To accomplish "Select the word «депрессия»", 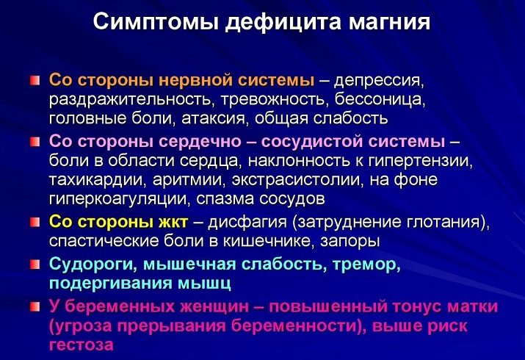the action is [x=379, y=81].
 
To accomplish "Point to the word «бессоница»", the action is [x=380, y=99].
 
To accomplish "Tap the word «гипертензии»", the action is [x=420, y=161].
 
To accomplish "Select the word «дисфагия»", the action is [x=247, y=222].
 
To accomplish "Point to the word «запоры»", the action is [x=350, y=242].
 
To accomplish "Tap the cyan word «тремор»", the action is [x=366, y=265].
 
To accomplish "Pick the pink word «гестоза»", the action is [x=82, y=345].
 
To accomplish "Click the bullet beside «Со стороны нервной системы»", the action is [x=35, y=81].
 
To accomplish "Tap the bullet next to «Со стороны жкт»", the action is [x=35, y=222].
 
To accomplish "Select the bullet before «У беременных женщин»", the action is [x=35, y=307].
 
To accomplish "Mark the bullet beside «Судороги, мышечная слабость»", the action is [x=35, y=264].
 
